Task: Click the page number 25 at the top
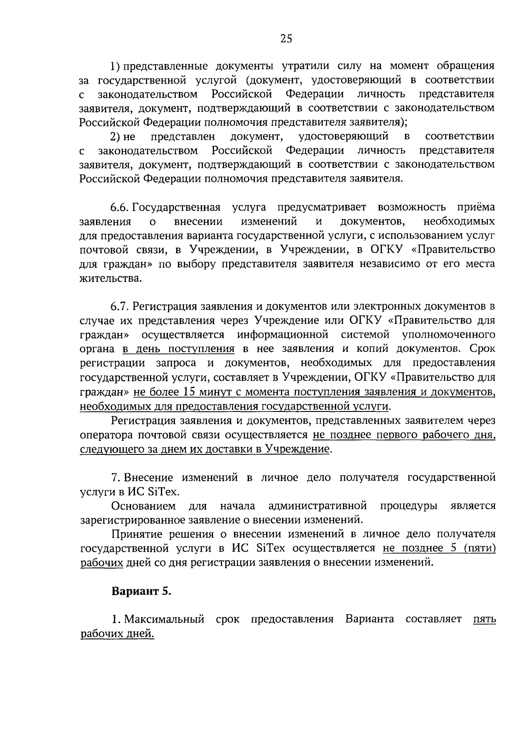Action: pos(286,39)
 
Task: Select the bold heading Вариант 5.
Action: pos(141,591)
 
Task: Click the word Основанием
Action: pos(144,506)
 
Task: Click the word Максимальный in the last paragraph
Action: pos(164,619)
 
